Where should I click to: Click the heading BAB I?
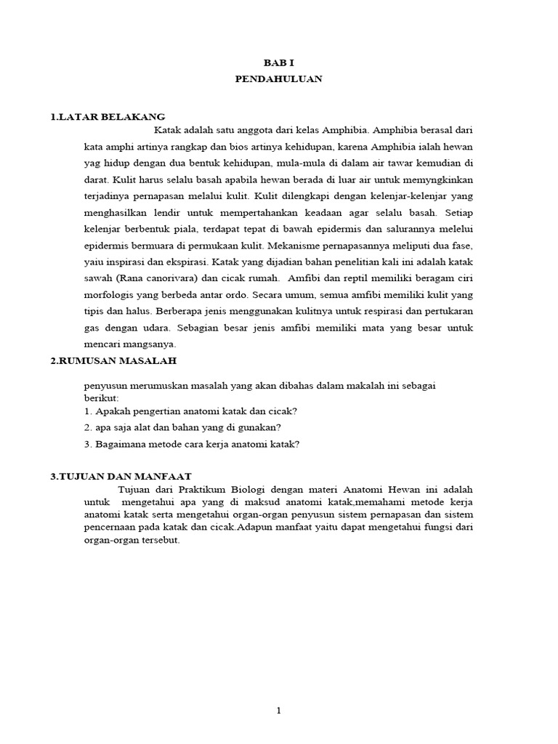coord(278,64)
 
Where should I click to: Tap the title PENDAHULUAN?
coord(278,79)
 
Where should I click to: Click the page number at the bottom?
coord(278,711)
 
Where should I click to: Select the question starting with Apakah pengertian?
coord(191,411)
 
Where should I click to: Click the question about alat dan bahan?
coord(182,427)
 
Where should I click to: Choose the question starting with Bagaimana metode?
coord(192,444)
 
